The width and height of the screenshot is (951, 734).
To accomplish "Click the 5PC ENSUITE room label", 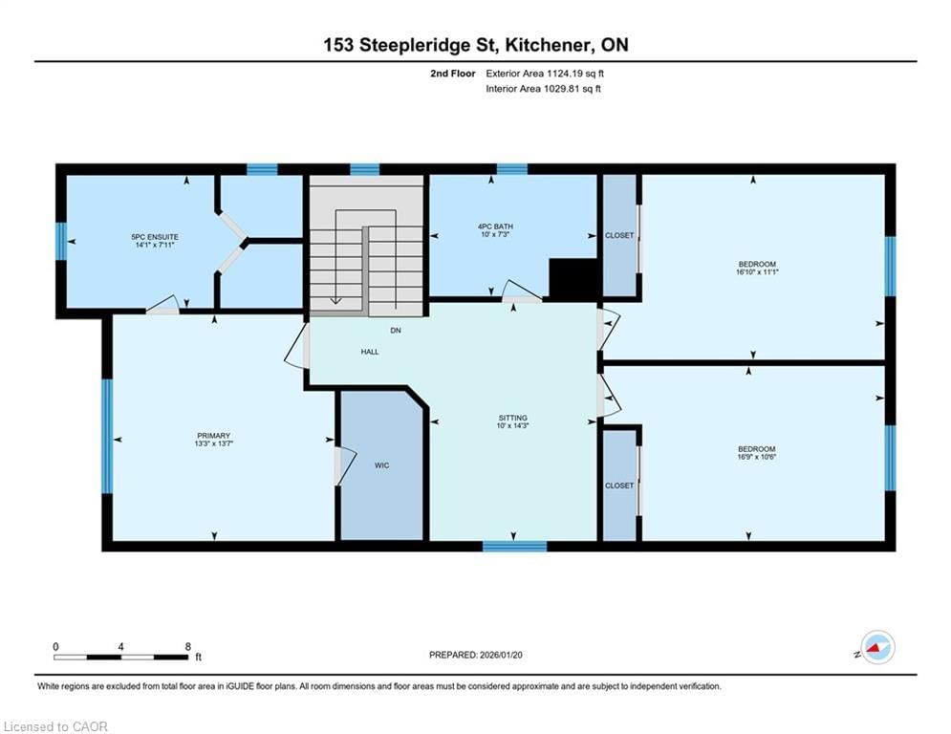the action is tap(155, 237).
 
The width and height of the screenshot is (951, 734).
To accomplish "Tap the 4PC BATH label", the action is tap(495, 227).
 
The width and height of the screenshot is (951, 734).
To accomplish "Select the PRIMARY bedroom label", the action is tap(213, 436).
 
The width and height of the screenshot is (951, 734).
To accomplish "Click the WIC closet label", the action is tap(381, 465).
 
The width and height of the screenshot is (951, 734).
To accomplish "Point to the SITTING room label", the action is tap(512, 418).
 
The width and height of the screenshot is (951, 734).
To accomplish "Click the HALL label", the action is tap(370, 351).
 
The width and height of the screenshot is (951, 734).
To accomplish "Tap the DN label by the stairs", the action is tap(396, 330).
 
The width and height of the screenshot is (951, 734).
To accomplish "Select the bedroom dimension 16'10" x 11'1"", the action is tap(757, 272).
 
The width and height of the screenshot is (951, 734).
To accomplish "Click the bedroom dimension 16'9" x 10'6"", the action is tap(756, 457).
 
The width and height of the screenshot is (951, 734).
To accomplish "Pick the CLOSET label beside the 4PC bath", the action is tap(619, 235).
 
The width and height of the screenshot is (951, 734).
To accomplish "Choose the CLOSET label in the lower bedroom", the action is tap(619, 486).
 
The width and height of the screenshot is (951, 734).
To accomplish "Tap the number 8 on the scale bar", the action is tap(188, 647).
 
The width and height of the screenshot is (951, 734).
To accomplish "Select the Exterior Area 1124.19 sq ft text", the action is tap(545, 74).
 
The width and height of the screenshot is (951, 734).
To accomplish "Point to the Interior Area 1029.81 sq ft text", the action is tap(544, 89).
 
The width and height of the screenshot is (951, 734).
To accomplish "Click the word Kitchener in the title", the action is tap(549, 45).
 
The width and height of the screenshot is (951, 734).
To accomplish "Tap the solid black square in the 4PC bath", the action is tap(573, 278).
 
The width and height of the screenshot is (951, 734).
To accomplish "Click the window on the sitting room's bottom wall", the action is tap(514, 546).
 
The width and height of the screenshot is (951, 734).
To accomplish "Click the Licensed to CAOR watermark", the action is tap(55, 726).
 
